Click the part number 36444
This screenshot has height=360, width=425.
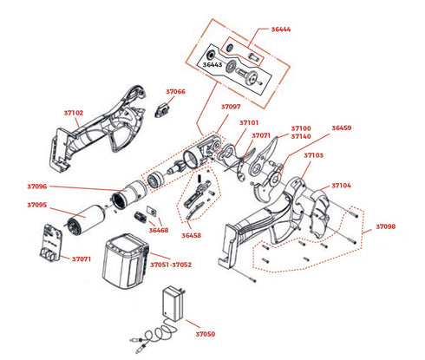(x=281, y=29)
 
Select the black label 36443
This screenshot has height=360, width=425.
(x=212, y=65)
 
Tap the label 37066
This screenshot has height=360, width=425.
(x=175, y=92)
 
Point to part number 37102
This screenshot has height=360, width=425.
(x=74, y=113)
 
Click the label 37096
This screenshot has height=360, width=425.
(x=37, y=187)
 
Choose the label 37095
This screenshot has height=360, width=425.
(x=37, y=205)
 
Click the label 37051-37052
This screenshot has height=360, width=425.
(x=171, y=265)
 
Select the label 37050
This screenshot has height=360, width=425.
(x=206, y=334)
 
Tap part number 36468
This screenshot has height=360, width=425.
(x=159, y=231)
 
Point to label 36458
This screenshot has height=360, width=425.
(x=191, y=236)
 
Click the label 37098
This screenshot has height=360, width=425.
(x=386, y=226)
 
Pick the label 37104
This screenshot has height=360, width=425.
(x=341, y=186)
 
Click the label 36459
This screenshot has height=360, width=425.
(x=342, y=128)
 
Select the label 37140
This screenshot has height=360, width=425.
(x=301, y=136)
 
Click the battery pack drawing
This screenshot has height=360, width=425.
(x=126, y=261)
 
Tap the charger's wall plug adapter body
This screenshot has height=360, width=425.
(x=173, y=303)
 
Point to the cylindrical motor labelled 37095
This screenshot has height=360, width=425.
(x=85, y=219)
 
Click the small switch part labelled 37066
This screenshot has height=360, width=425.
(x=162, y=110)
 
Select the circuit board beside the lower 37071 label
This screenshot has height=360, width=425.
(x=51, y=243)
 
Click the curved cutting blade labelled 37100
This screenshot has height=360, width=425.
(x=265, y=158)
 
